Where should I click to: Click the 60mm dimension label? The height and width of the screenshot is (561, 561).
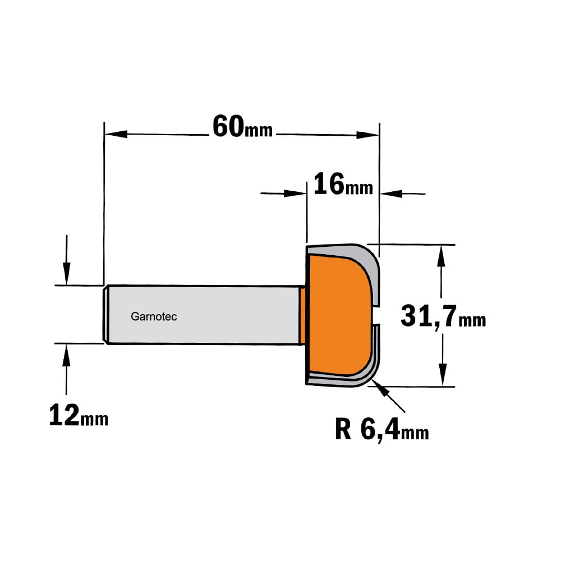click(x=242, y=127)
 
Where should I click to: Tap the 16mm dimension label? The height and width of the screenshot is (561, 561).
click(x=343, y=184)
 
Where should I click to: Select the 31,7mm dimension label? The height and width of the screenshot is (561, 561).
click(x=443, y=316)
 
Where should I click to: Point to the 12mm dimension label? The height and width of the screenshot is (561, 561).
click(x=79, y=415)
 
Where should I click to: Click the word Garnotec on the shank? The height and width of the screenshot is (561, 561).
click(x=154, y=316)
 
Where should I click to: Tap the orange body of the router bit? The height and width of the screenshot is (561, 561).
click(x=338, y=315)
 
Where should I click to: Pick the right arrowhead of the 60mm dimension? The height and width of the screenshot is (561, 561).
click(x=367, y=135)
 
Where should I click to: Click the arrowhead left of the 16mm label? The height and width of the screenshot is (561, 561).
click(x=295, y=194)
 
